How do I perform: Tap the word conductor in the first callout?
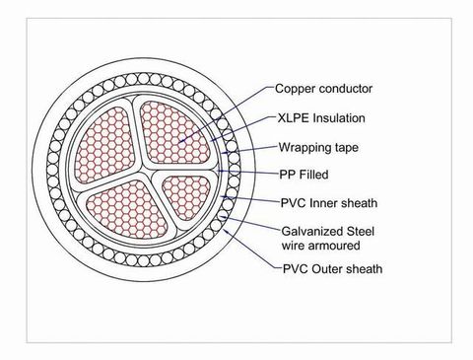[x=346, y=89]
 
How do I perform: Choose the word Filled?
[x=311, y=175]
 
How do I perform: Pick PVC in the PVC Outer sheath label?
[x=293, y=268]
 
